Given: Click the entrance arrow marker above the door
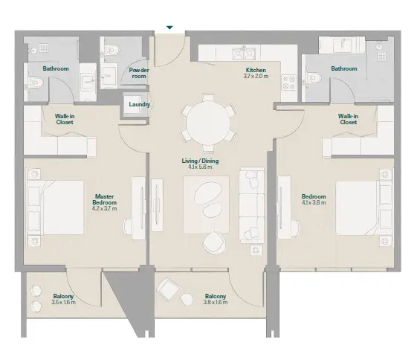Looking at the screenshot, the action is (169, 28).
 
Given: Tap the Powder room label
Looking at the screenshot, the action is (139, 73).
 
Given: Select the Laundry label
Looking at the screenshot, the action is (140, 104).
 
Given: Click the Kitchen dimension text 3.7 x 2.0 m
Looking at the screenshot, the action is (256, 76).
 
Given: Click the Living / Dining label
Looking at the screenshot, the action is (200, 161).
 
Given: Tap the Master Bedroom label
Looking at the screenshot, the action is (105, 199).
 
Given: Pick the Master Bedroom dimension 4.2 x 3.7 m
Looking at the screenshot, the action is (105, 208).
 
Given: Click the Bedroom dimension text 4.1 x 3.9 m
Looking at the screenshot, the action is (314, 203).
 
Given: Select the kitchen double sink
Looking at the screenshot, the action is (244, 54).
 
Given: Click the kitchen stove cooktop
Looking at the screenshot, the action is (288, 83).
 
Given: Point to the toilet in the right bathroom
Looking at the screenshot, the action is (314, 78).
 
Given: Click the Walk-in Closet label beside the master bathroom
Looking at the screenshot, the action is (65, 119).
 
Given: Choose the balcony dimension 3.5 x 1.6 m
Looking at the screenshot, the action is (64, 303).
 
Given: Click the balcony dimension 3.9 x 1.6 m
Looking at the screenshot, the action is (216, 303).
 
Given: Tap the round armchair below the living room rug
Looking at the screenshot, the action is (214, 243).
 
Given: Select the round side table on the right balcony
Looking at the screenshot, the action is (187, 299).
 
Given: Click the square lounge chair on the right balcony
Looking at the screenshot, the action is (168, 289).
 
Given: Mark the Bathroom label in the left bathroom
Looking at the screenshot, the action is (56, 68).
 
